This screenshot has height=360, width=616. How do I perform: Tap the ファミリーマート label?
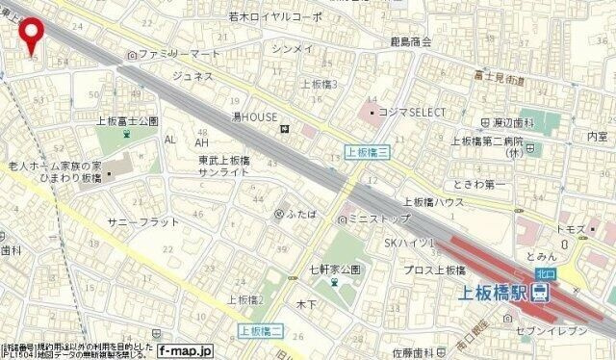179,56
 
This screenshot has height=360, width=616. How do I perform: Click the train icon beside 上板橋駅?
542,292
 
